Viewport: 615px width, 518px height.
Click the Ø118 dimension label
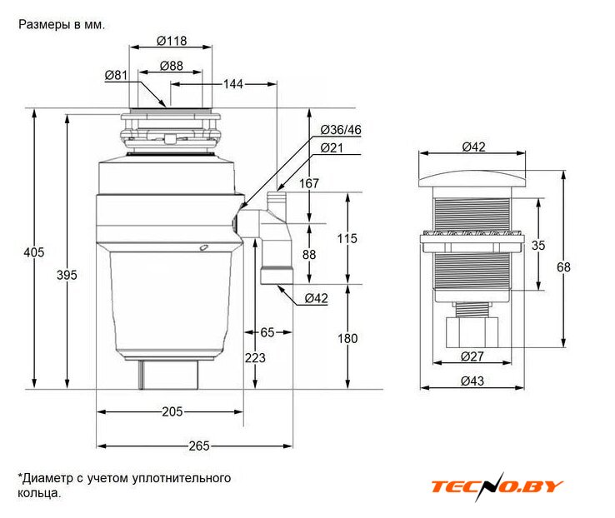172,41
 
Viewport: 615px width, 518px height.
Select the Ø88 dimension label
172,66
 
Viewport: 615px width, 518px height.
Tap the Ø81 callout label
116,75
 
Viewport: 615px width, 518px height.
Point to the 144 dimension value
233,84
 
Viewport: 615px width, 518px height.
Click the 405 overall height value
33,252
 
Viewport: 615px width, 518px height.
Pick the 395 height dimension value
67,275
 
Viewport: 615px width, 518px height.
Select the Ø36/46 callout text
341,130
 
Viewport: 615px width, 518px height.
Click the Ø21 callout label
332,147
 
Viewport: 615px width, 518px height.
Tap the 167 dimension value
308,183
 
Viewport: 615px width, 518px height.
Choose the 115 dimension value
347,238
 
